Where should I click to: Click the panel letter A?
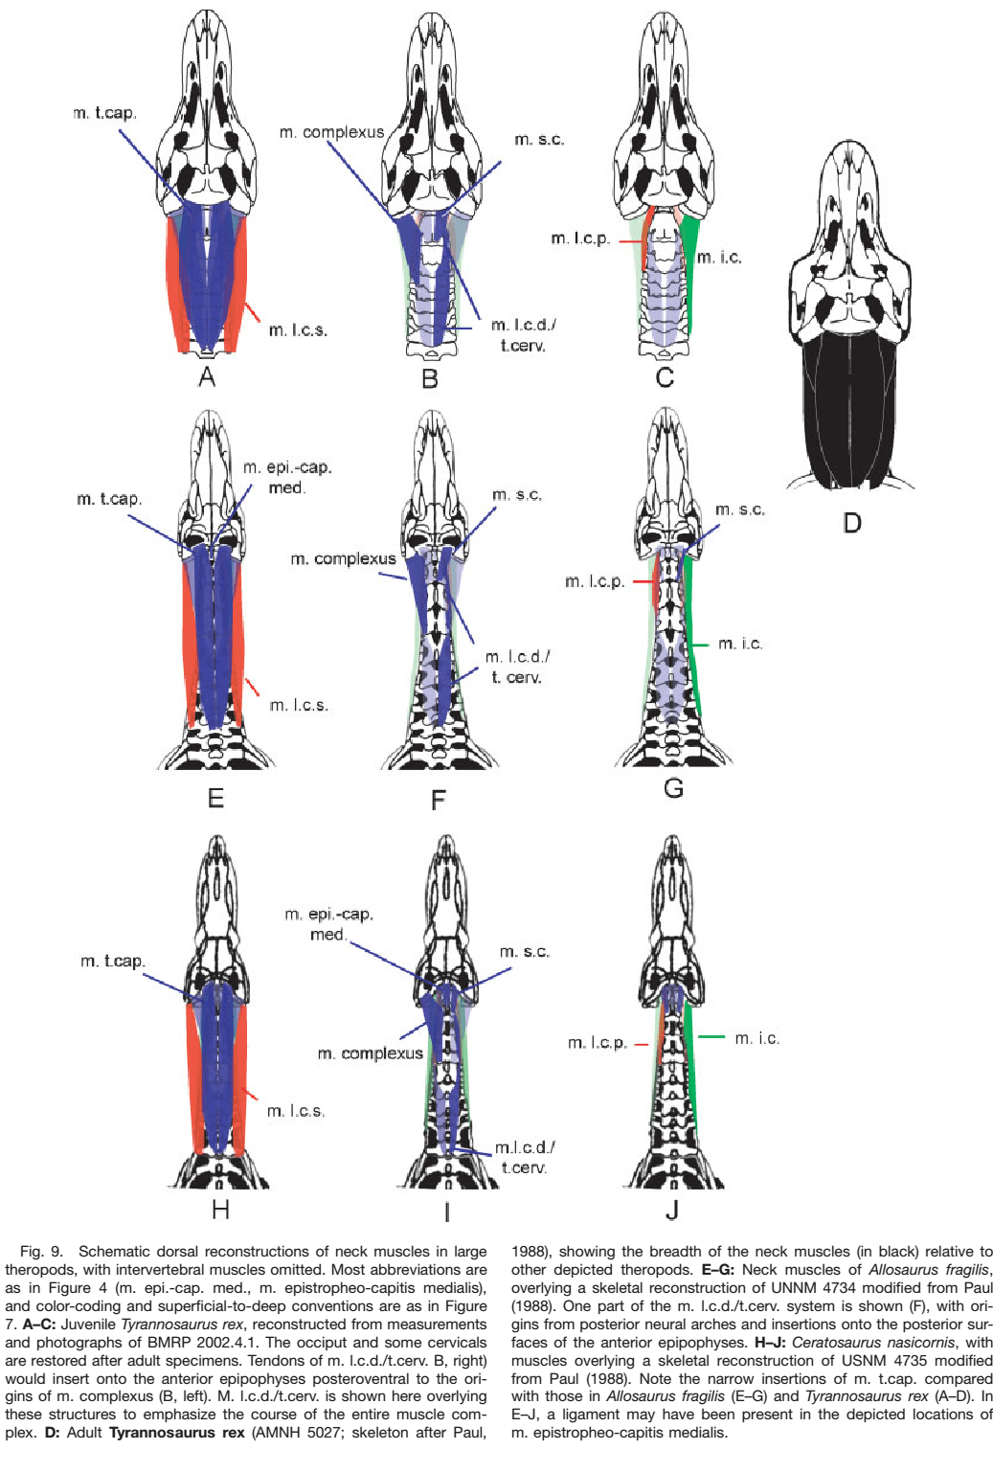pyautogui.click(x=207, y=377)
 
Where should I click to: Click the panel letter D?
pyautogui.click(x=852, y=523)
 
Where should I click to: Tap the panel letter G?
pyautogui.click(x=673, y=788)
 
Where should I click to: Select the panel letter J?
pyautogui.click(x=672, y=1210)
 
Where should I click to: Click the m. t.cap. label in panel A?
pyautogui.click(x=104, y=113)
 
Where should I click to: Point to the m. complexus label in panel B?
pyautogui.click(x=331, y=132)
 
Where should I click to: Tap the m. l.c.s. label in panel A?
pyautogui.click(x=298, y=330)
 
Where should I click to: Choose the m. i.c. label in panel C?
pyautogui.click(x=719, y=258)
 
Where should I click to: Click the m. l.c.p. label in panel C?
pyautogui.click(x=580, y=238)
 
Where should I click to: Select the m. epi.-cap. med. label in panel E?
pyautogui.click(x=286, y=477)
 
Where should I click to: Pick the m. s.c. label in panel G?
pyautogui.click(x=740, y=510)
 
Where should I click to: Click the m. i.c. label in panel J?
pyautogui.click(x=756, y=1038)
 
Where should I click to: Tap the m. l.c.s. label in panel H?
pyautogui.click(x=296, y=1111)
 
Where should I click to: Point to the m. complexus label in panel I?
pyautogui.click(x=370, y=1053)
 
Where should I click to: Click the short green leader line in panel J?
pyautogui.click(x=711, y=1037)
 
